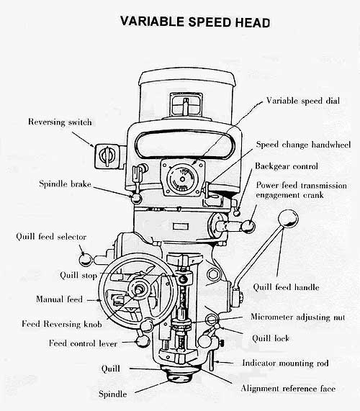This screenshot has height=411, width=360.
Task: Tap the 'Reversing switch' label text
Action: point(60,122)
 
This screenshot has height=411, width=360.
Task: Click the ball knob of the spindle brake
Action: point(135,197)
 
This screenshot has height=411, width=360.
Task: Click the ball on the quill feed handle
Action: point(288,217)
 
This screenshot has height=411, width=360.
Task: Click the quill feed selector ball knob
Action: point(86,258)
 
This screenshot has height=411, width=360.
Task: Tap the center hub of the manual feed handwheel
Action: point(134,291)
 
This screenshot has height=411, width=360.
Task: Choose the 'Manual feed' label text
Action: point(59,299)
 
